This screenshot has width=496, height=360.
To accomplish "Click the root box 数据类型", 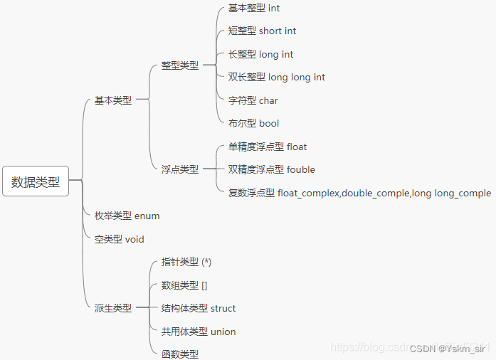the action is click(x=36, y=181).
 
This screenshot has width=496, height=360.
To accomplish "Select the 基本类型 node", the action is click(x=113, y=100).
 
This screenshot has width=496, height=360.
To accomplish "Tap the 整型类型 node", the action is click(x=180, y=65).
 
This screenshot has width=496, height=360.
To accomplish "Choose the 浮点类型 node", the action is click(x=180, y=169).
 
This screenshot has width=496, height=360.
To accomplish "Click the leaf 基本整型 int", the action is click(x=255, y=9).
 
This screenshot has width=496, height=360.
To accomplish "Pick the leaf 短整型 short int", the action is click(x=263, y=31).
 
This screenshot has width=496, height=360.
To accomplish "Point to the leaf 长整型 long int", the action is click(x=261, y=54).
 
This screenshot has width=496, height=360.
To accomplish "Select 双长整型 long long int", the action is click(x=277, y=77).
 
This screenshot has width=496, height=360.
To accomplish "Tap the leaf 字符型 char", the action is click(x=253, y=100).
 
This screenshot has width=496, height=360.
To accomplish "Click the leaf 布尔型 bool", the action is click(x=254, y=123).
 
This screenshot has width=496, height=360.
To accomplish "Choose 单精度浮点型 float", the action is click(x=268, y=147).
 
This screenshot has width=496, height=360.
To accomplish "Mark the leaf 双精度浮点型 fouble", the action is click(x=272, y=169).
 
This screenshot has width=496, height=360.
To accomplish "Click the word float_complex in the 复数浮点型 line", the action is click(x=308, y=193).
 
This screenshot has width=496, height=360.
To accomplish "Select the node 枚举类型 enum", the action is click(x=127, y=216).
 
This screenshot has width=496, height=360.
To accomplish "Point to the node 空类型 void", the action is click(x=120, y=239).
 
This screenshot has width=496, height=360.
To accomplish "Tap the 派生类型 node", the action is click(x=113, y=308).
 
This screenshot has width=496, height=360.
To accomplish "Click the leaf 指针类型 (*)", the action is click(x=186, y=262).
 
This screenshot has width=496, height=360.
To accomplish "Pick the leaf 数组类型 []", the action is click(x=184, y=285).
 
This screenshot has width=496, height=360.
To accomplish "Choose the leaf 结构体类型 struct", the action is click(x=199, y=308).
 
